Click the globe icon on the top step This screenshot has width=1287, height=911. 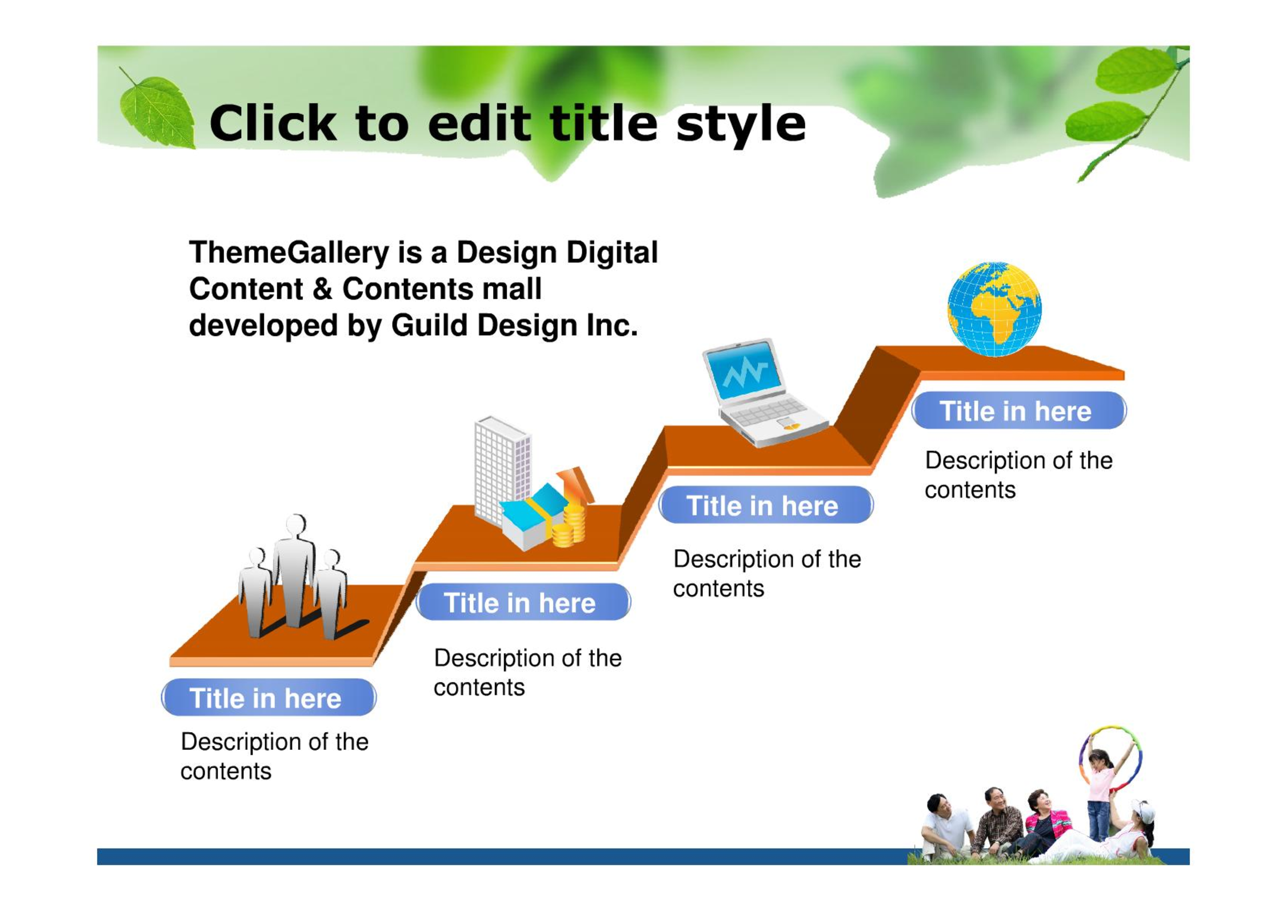pos(994,309)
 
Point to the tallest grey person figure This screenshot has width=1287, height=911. pos(294,572)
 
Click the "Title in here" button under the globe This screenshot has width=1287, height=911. pos(1018,410)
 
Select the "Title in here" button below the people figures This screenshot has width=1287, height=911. pos(269,697)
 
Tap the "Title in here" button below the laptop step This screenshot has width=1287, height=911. pos(766,505)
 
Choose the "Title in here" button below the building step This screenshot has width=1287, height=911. pos(523,602)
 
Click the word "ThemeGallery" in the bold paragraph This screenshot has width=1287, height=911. pos(289,253)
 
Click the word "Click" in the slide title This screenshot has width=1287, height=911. pos(273,123)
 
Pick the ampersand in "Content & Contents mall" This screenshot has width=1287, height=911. pos(322,289)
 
